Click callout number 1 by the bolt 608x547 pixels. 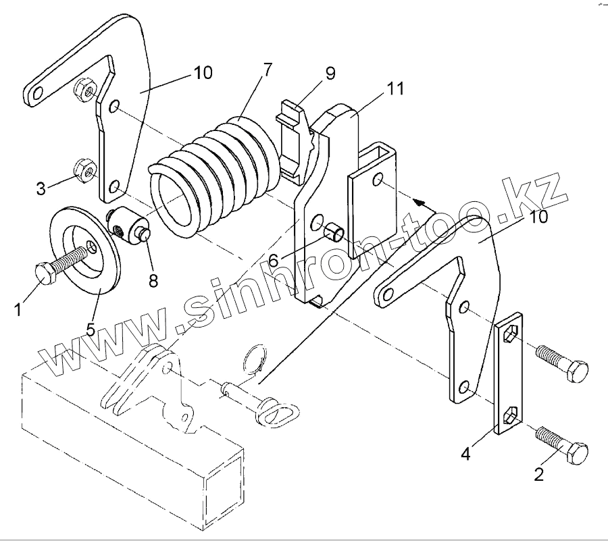[x=18, y=309]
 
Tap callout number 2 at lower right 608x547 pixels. [x=538, y=473]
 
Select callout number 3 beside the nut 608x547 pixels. [x=42, y=188]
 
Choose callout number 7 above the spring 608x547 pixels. [x=268, y=69]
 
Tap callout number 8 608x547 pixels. [x=153, y=280]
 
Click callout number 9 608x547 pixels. [x=330, y=74]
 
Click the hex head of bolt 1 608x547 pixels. [x=45, y=273]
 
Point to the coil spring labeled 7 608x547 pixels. [x=216, y=176]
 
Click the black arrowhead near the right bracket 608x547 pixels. [x=420, y=201]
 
